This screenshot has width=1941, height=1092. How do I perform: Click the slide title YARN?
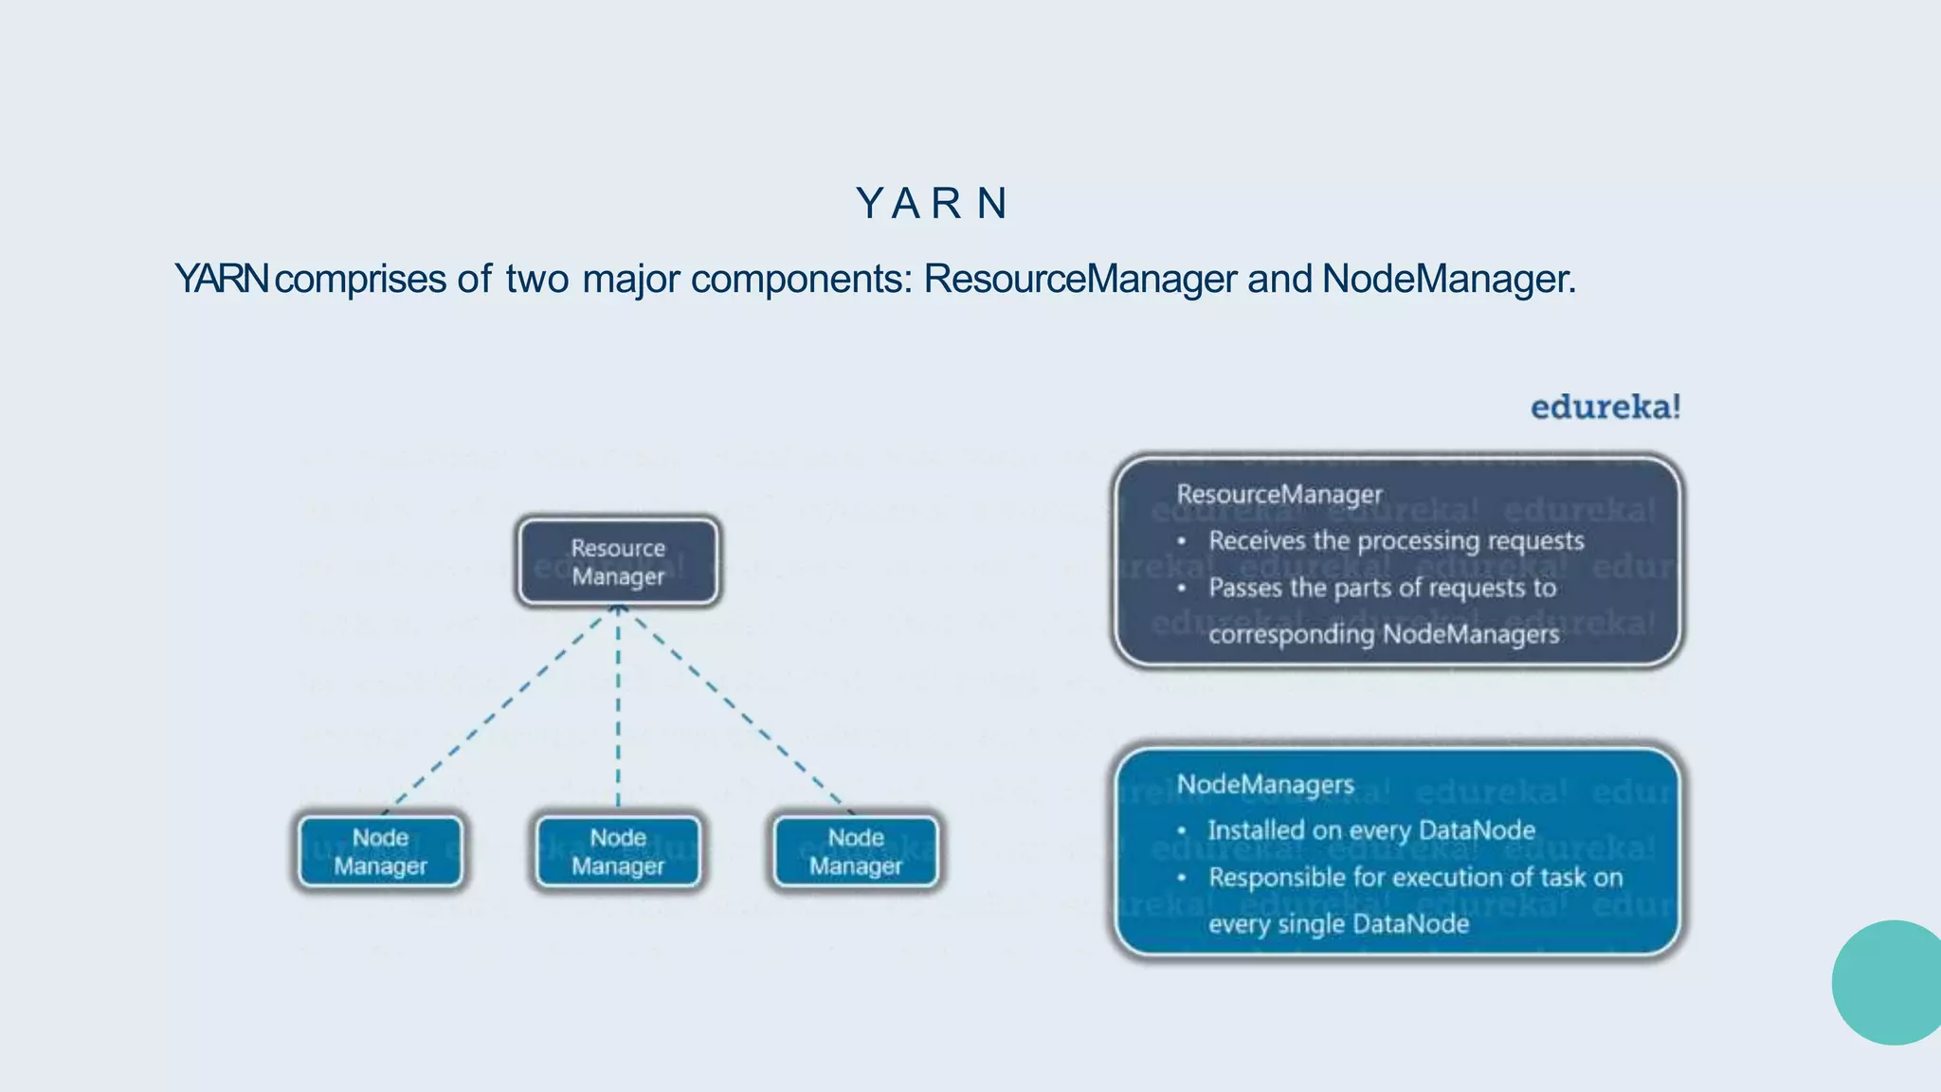(x=932, y=204)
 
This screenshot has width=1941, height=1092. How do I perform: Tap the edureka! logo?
(x=1605, y=408)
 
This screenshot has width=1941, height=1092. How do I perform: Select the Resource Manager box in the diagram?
(x=618, y=562)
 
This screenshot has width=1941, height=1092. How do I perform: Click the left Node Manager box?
(x=380, y=851)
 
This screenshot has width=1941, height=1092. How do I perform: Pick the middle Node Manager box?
(x=618, y=851)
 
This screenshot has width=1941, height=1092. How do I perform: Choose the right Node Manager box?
(x=856, y=851)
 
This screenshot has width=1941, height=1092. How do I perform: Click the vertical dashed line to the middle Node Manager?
(x=618, y=711)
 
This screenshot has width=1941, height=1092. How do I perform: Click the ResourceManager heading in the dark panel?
(x=1279, y=495)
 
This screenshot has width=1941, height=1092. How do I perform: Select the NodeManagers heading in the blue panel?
(x=1264, y=785)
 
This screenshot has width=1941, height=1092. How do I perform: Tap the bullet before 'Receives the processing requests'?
(x=1182, y=542)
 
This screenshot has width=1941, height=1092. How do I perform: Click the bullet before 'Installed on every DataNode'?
(x=1182, y=831)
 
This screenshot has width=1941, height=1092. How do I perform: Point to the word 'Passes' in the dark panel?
(x=1244, y=589)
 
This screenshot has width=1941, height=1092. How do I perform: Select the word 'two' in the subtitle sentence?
(x=536, y=280)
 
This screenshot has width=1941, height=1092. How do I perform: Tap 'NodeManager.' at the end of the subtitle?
(x=1448, y=280)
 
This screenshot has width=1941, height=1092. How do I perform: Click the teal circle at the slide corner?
(x=1890, y=983)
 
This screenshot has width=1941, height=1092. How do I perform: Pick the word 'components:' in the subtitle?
(x=801, y=280)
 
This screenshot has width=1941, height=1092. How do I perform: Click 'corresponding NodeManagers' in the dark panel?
(x=1383, y=634)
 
